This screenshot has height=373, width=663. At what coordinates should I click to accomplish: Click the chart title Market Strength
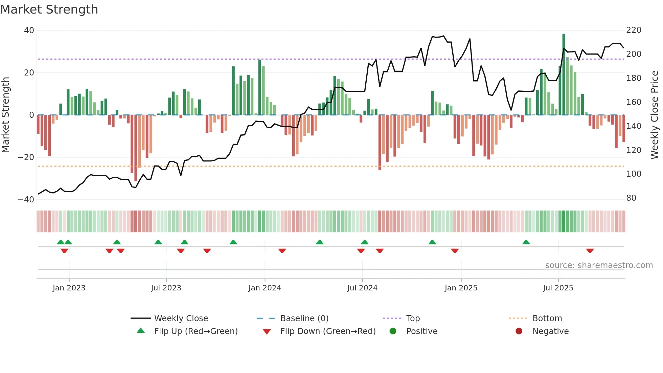[49, 9]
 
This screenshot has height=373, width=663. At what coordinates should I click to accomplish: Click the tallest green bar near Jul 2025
[564, 74]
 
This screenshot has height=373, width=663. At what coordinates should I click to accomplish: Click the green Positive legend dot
[393, 331]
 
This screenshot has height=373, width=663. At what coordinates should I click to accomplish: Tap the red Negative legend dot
[519, 331]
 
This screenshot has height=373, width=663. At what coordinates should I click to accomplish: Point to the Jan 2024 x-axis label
[265, 288]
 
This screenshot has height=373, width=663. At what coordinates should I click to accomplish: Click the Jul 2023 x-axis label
[166, 288]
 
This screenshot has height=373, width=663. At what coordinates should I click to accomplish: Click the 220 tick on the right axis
[634, 30]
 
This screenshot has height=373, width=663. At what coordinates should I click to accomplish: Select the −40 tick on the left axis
[26, 200]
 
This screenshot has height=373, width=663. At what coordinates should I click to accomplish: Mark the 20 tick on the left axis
[29, 73]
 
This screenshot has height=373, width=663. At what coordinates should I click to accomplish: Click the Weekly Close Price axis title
[655, 115]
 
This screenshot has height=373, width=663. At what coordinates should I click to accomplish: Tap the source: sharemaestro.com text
[599, 265]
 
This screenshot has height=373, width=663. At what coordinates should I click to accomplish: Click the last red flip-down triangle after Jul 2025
[590, 251]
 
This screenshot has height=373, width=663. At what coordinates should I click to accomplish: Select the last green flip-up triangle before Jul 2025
[526, 242]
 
